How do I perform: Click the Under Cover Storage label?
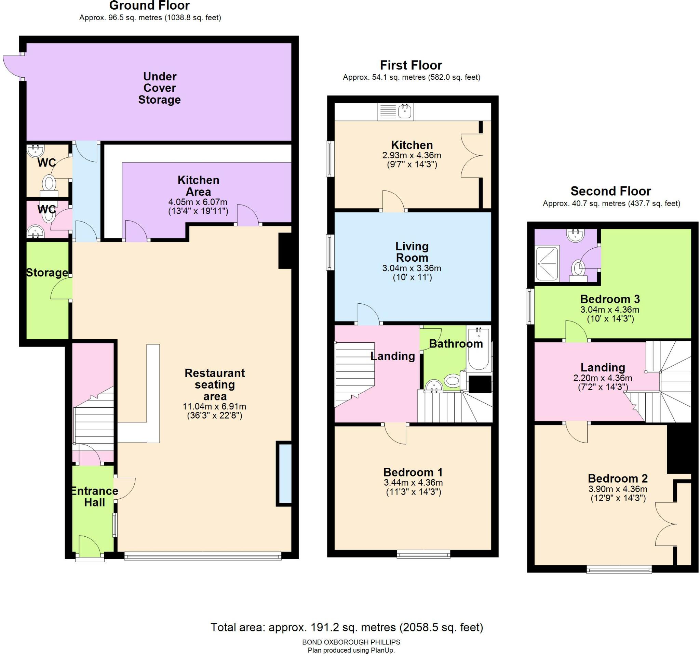159,88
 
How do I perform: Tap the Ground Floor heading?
149,5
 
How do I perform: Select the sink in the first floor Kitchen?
405,111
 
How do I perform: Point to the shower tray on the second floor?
547,263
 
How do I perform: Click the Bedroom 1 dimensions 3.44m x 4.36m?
413,483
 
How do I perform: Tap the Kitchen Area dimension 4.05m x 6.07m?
198,202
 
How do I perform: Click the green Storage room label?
47,272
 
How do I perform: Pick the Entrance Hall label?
94,496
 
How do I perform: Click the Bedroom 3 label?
609,299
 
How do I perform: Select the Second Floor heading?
610,191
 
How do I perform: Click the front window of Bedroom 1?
423,554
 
